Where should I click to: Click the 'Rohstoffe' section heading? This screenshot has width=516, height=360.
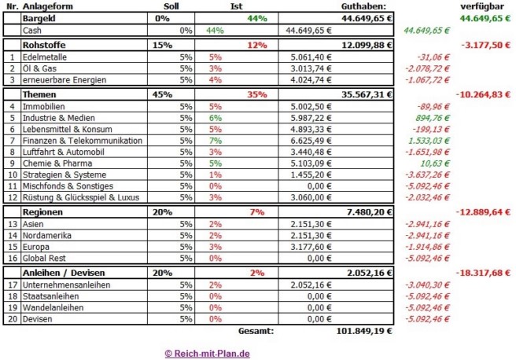(46, 45)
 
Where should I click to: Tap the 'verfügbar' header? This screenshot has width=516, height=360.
(486, 6)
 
